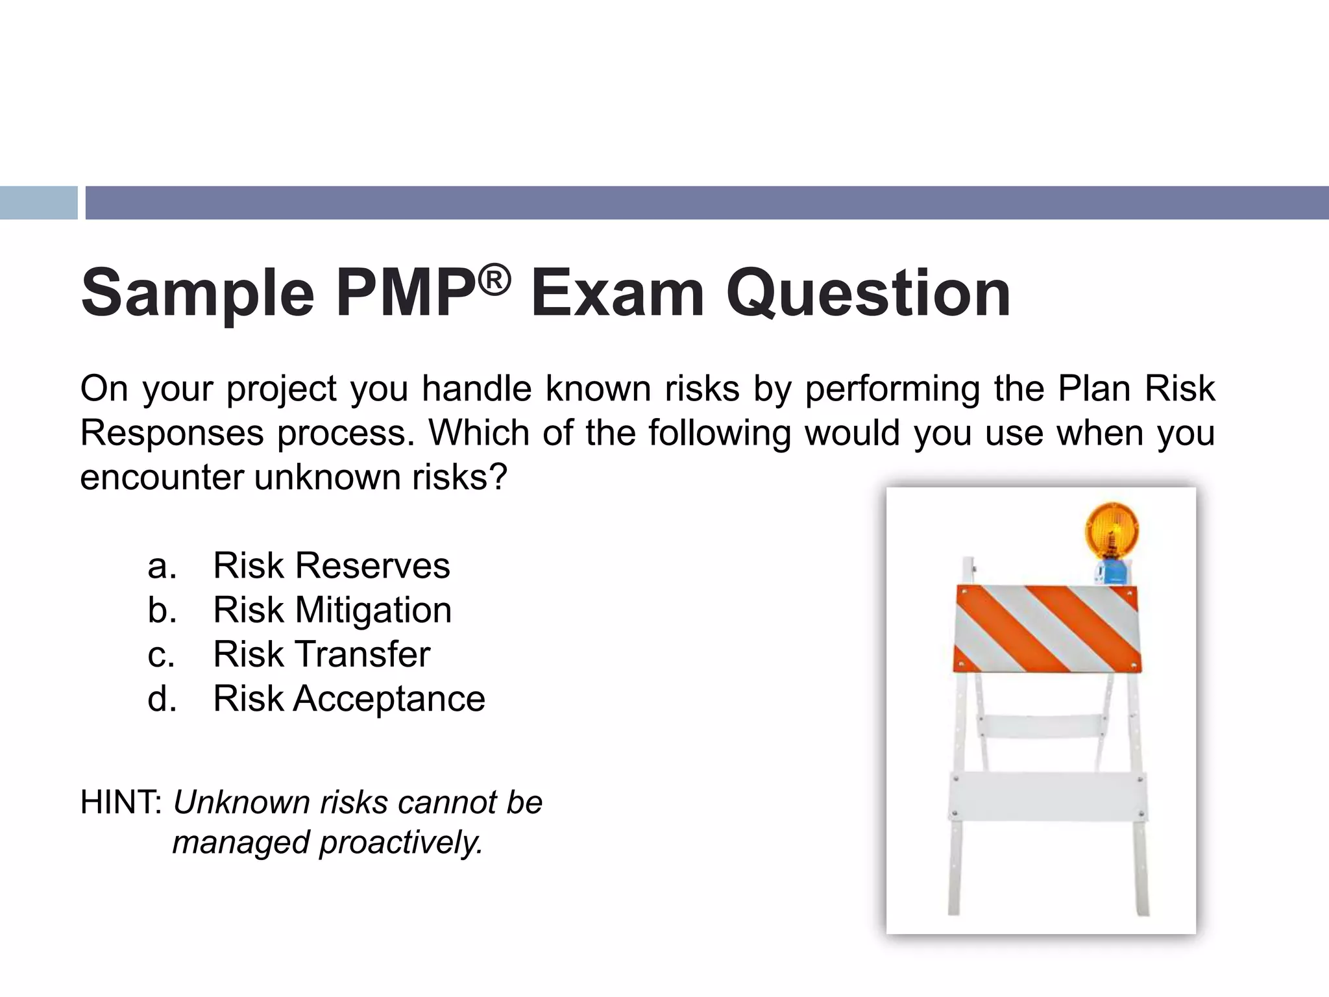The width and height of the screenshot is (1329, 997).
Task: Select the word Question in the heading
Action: tap(868, 294)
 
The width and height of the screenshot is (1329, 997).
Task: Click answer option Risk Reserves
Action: tap(331, 565)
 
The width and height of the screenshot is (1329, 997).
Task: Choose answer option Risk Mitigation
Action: tap(332, 610)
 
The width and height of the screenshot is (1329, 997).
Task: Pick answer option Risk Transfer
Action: tap(322, 654)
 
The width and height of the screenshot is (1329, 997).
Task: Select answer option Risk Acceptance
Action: tap(349, 699)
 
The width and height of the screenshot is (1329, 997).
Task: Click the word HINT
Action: tap(121, 802)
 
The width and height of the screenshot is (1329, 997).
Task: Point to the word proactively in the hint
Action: tap(401, 843)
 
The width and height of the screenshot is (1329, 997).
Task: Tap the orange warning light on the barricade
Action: tap(1112, 530)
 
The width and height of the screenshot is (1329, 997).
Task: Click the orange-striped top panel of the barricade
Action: tap(1047, 628)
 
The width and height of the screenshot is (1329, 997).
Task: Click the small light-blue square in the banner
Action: tap(38, 203)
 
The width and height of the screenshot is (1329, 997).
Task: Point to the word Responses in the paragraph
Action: tap(172, 433)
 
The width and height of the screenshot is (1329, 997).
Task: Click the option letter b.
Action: tap(162, 610)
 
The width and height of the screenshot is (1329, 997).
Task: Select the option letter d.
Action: tap(162, 699)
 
